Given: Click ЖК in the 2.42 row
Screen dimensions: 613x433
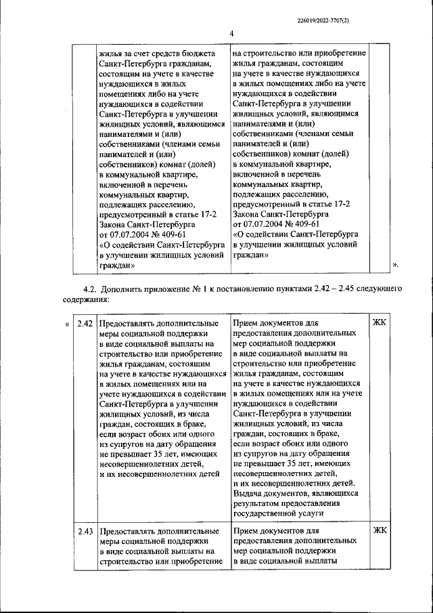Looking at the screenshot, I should (380, 323).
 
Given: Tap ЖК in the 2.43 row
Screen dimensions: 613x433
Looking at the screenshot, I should (380, 530).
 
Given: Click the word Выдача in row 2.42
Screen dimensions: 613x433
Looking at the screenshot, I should (248, 494).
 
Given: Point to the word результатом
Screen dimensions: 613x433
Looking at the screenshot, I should (259, 504).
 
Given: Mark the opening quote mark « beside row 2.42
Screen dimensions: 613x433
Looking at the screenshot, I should (67, 324).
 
